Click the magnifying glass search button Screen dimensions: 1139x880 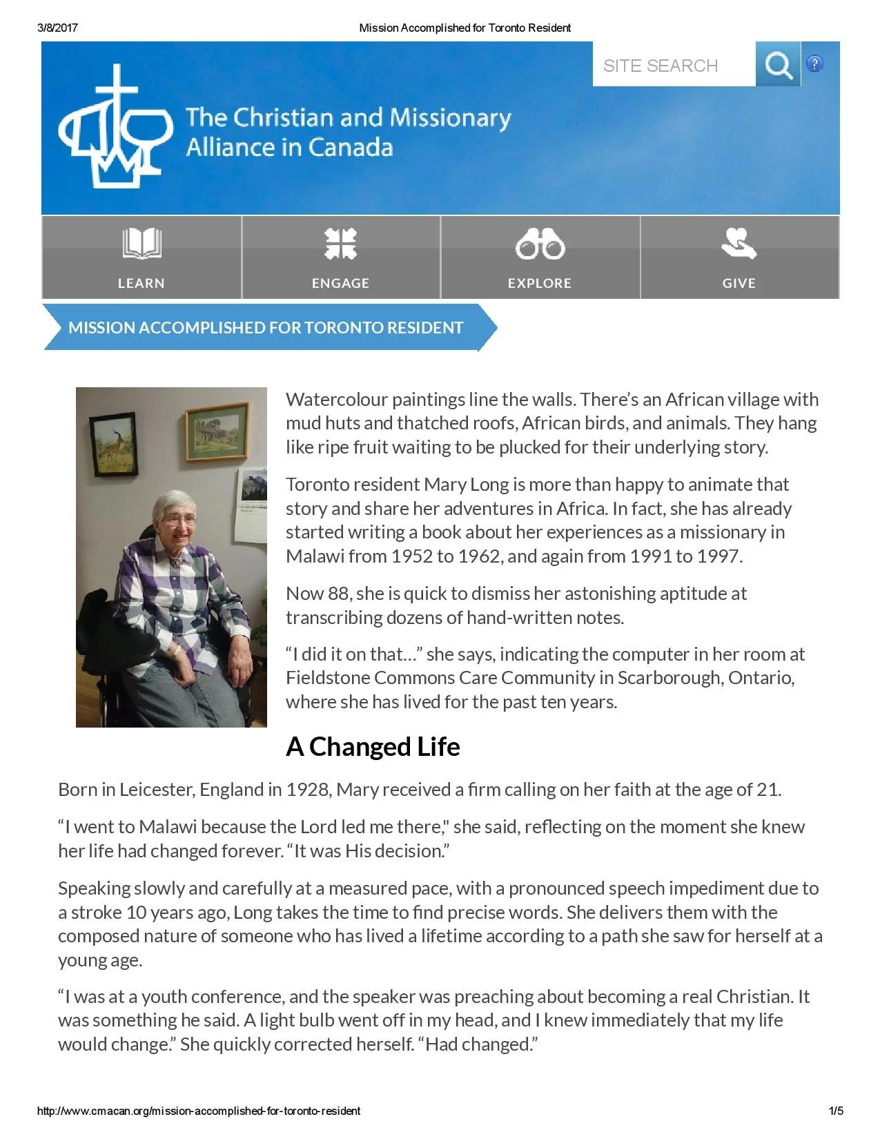[778, 64]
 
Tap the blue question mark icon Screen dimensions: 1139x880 [814, 64]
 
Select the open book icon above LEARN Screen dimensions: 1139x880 [141, 244]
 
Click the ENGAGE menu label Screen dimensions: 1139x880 [340, 283]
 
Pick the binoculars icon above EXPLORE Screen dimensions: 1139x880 [540, 244]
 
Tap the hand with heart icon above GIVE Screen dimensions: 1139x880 [739, 244]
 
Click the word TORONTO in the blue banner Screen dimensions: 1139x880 [343, 328]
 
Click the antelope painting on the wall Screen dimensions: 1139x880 [114, 445]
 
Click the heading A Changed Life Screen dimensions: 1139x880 [373, 747]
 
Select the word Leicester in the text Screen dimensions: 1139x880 [157, 790]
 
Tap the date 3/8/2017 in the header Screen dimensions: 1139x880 [57, 28]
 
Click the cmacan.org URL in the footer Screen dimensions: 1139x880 [199, 1111]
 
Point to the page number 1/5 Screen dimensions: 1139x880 [835, 1111]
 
